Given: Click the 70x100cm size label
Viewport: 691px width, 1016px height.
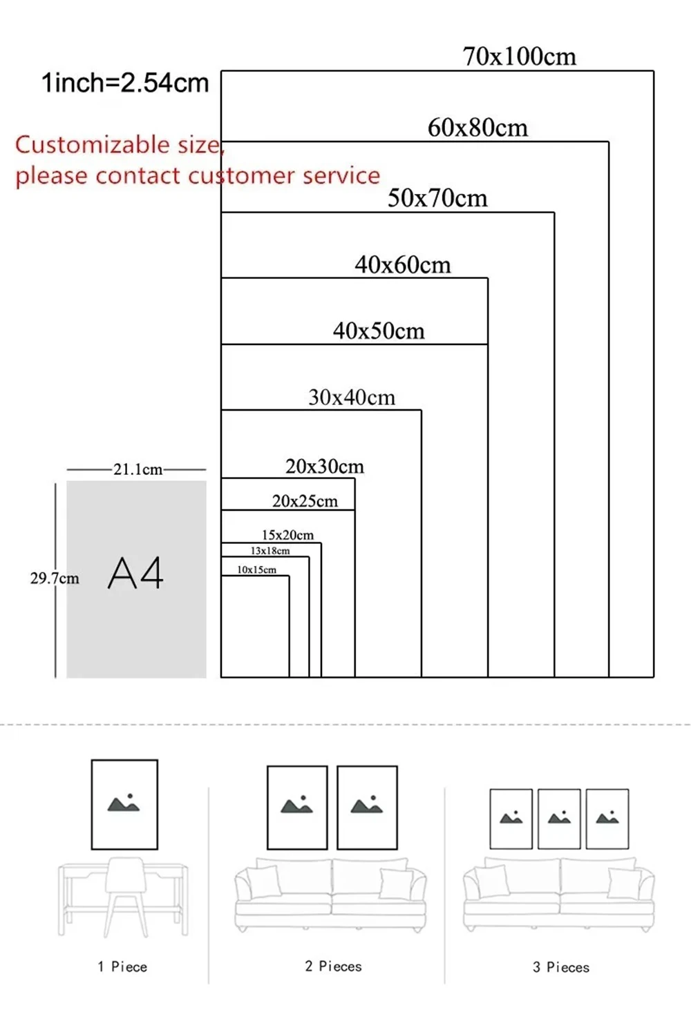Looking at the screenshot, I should click(519, 57).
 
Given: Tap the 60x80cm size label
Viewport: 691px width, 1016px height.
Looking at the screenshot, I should click(477, 128).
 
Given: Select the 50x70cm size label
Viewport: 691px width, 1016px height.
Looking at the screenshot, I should click(437, 199).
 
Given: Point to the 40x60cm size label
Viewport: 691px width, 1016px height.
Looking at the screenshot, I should click(402, 265).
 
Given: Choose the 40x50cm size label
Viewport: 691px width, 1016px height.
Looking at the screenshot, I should click(379, 331).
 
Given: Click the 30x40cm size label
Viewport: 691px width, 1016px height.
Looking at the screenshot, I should click(352, 398).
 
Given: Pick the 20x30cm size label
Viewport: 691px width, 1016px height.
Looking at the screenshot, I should click(325, 467).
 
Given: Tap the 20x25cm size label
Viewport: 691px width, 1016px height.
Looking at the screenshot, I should click(305, 501).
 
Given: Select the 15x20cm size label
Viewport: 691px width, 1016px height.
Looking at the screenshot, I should click(287, 535).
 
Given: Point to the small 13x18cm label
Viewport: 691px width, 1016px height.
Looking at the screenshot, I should click(270, 551).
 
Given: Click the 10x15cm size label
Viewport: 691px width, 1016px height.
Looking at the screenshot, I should click(256, 569).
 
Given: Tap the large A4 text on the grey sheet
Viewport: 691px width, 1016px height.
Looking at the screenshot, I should click(135, 573).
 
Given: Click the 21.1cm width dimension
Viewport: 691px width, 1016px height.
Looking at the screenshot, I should click(138, 469).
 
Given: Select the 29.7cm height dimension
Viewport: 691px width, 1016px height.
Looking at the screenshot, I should click(54, 578).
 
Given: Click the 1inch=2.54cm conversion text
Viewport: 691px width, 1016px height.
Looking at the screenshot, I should click(125, 83).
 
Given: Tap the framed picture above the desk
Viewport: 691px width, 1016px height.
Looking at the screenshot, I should click(124, 804).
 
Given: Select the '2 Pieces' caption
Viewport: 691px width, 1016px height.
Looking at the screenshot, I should click(333, 966).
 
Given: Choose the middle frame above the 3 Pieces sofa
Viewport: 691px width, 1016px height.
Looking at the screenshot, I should click(559, 819).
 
